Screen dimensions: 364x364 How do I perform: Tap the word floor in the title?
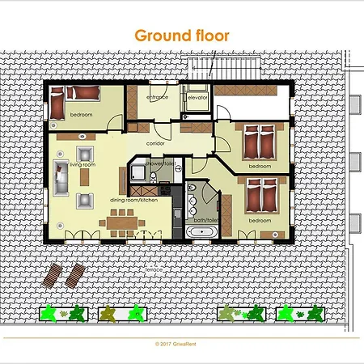pos(207,36)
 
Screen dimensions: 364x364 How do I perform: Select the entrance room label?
pos(157,97)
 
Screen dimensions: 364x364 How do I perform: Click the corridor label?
pos(156,143)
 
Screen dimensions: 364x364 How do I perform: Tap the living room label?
pos(83,164)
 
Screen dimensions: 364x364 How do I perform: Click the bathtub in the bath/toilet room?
pos(201,233)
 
